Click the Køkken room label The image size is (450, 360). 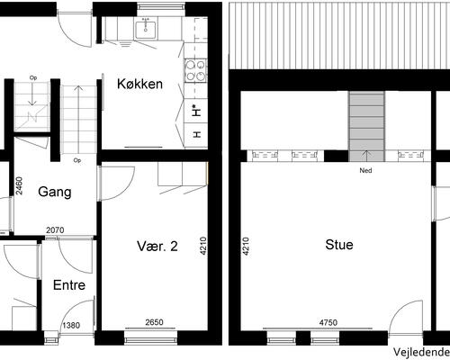[139, 84]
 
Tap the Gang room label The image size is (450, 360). [55, 192]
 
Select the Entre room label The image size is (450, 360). [69, 285]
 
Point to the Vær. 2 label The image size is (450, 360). [157, 246]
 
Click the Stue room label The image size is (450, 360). [339, 245]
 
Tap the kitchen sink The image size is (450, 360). [146, 30]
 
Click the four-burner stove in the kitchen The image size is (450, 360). [195, 71]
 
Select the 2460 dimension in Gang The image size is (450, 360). [19, 185]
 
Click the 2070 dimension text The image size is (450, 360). [55, 230]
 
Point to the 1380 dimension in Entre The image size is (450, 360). [71, 325]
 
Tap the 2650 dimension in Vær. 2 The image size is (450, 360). [154, 322]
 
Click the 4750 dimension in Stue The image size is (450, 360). [328, 323]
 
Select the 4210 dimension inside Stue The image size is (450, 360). [246, 247]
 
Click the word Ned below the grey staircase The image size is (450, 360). [365, 170]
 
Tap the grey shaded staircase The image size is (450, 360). [366, 125]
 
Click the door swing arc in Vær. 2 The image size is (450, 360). [126, 191]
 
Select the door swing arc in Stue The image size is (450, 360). [399, 309]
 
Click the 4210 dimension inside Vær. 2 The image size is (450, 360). [203, 247]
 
